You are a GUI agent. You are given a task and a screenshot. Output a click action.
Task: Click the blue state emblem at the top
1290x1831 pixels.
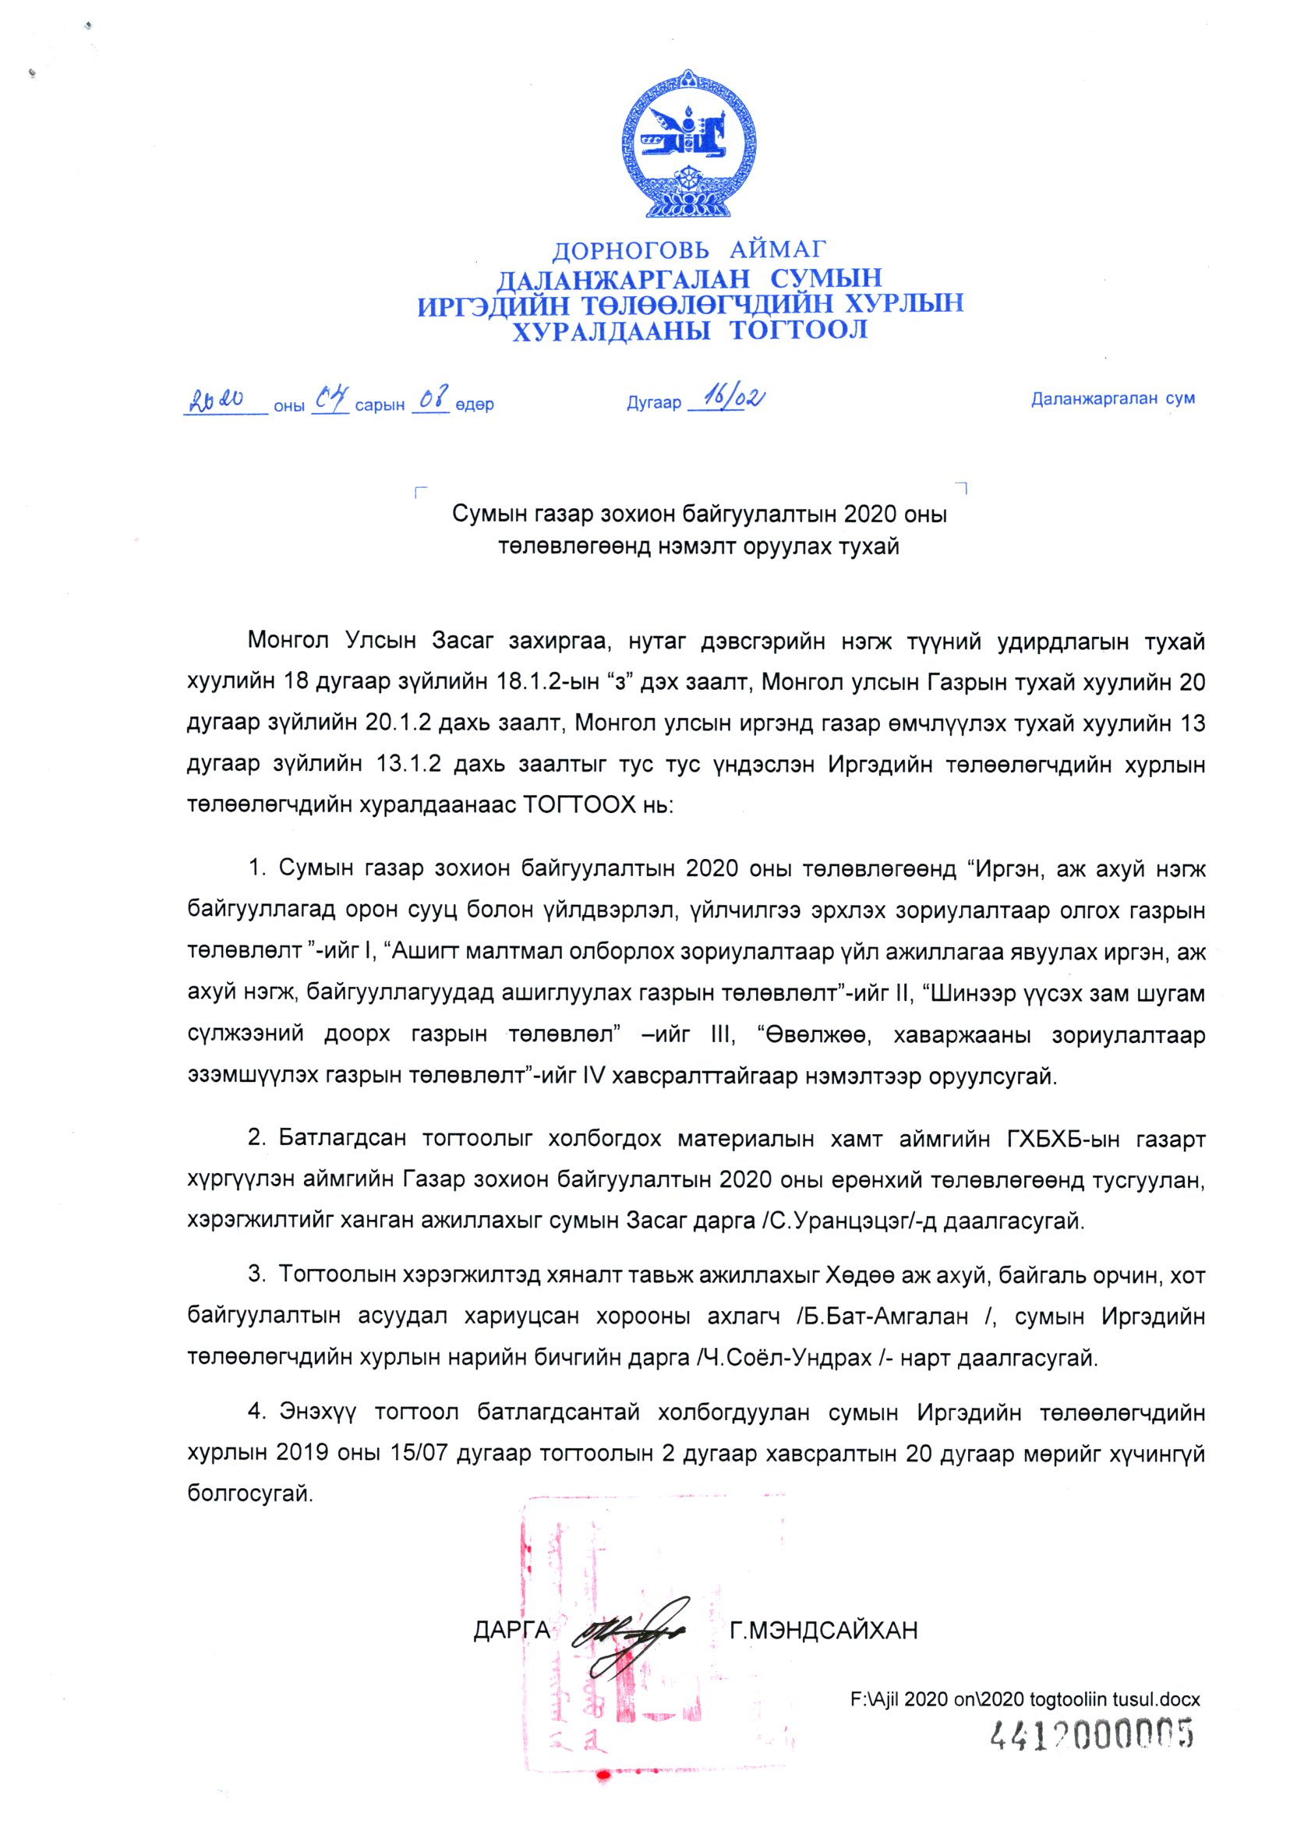click(x=688, y=145)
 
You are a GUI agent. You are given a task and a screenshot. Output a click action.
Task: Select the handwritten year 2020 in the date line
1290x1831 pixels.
click(x=215, y=401)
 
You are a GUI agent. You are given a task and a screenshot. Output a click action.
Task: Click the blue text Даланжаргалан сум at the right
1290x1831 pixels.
click(x=1112, y=399)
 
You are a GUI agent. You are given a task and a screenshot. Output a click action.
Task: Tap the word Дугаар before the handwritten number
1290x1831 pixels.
click(x=654, y=403)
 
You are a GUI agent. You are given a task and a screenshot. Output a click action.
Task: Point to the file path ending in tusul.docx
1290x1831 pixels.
click(x=1024, y=1699)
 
